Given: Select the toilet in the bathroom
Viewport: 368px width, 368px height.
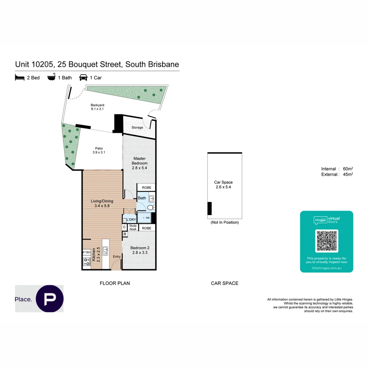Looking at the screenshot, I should (x=152, y=207).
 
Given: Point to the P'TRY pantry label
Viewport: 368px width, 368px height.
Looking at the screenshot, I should (x=87, y=252).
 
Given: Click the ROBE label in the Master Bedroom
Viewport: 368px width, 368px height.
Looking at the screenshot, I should (x=147, y=187).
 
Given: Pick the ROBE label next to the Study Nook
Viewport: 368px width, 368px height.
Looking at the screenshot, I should (x=147, y=228).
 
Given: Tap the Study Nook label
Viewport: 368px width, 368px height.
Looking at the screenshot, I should (x=133, y=228).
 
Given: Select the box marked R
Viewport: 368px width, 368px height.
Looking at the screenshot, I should (x=125, y=234).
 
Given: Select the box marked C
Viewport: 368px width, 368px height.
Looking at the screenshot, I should (x=125, y=227).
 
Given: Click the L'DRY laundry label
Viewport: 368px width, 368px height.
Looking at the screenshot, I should (x=132, y=220).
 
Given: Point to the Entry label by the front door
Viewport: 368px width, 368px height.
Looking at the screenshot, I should (x=117, y=257).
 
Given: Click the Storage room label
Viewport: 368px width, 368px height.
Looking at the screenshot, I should (x=137, y=127).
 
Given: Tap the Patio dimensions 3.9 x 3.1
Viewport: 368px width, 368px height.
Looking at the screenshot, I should (x=99, y=153).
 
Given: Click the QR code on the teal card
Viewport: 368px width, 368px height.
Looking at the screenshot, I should (x=326, y=241).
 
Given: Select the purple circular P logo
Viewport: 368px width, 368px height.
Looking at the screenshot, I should (x=50, y=298).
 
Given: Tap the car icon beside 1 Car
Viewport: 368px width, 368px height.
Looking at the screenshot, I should (x=83, y=78).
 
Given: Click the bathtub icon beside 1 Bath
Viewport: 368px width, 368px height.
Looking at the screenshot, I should (x=51, y=78).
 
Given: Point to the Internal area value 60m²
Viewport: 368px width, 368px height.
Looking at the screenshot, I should (x=348, y=169).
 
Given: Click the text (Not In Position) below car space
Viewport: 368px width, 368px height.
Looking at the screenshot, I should (x=225, y=222).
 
